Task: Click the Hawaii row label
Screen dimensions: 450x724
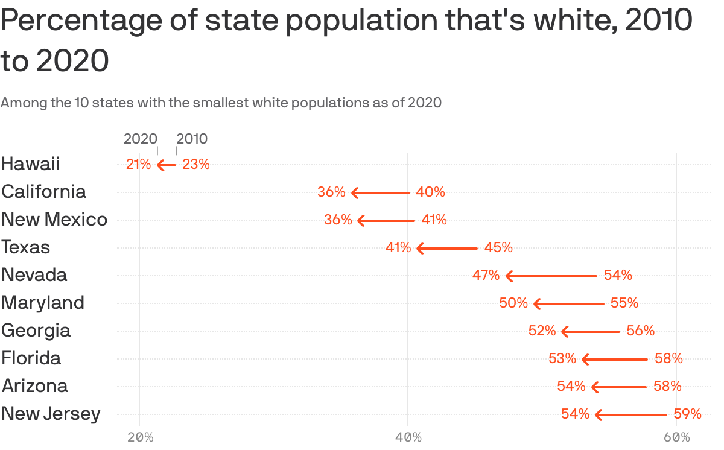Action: (x=31, y=163)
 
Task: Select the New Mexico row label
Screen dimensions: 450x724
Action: (x=54, y=219)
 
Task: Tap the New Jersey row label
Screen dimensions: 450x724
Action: (x=51, y=414)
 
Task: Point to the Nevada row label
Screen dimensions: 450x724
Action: (x=34, y=275)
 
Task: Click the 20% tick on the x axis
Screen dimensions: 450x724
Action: (x=140, y=437)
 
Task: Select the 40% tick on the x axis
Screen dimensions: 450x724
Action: (x=408, y=437)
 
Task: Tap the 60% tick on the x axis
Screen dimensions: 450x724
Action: (x=676, y=437)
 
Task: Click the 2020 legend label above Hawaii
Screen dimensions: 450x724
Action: (x=140, y=139)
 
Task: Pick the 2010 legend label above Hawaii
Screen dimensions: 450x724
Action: (x=192, y=139)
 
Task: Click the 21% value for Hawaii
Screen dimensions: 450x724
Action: (x=138, y=164)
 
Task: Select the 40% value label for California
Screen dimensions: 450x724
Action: (x=430, y=192)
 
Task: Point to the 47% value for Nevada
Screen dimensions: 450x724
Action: (x=486, y=276)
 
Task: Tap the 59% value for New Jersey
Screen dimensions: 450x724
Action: (x=687, y=414)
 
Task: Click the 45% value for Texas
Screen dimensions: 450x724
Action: (x=498, y=247)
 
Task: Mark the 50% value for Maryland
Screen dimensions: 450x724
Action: (x=513, y=303)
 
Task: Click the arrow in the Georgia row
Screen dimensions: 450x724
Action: (x=590, y=331)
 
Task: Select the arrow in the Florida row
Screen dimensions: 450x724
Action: (x=614, y=359)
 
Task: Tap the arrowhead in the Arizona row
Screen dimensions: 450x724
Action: (x=595, y=387)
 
